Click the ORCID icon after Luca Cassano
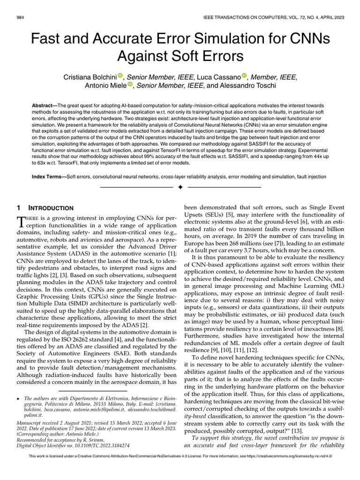244,76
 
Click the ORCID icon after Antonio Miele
130,85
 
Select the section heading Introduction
51,208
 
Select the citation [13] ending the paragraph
297,431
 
